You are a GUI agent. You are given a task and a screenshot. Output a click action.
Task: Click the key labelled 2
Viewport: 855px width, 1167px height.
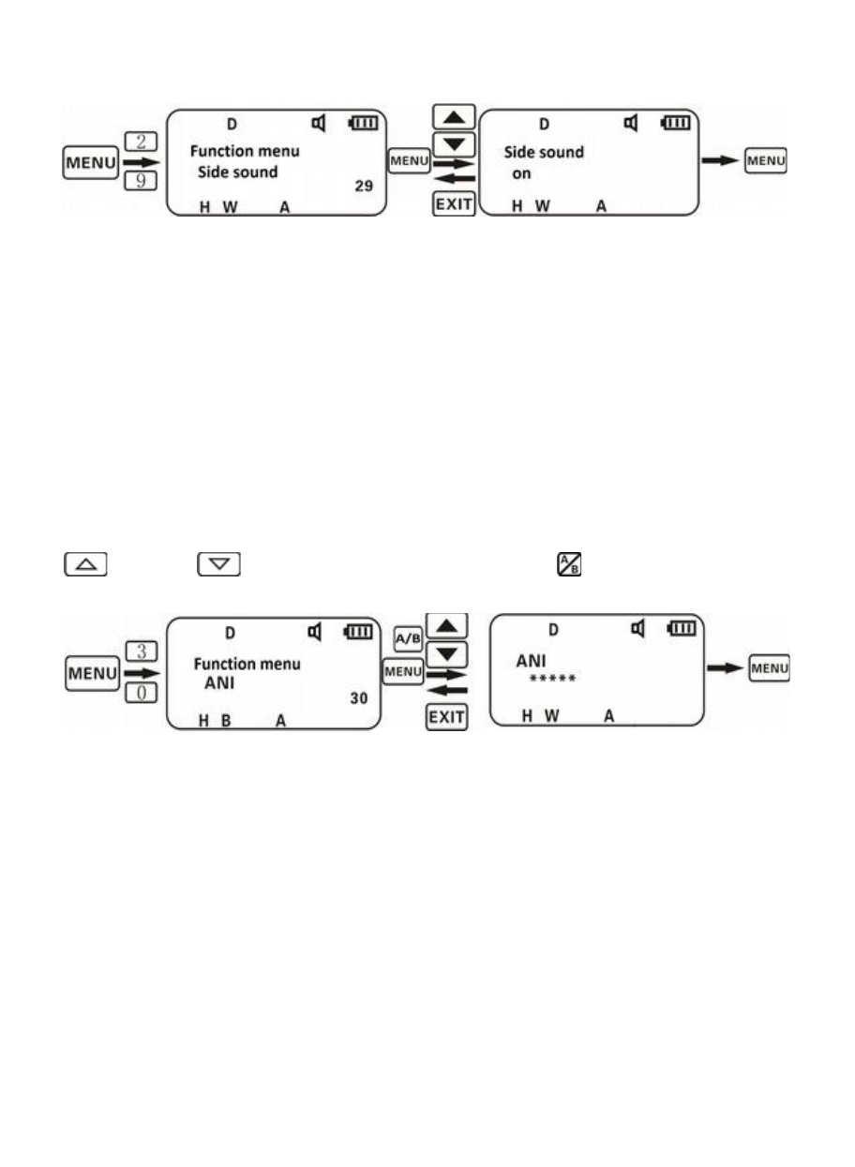[141, 142]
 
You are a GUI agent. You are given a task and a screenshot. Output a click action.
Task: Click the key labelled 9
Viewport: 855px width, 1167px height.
[141, 181]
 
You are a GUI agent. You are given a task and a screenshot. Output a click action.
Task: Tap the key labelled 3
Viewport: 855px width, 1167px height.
[142, 651]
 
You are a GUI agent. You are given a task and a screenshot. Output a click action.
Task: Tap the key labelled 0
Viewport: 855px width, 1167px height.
[142, 693]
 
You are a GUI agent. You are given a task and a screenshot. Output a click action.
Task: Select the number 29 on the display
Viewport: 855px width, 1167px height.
[364, 186]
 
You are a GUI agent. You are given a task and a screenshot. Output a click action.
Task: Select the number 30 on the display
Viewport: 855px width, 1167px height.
[359, 697]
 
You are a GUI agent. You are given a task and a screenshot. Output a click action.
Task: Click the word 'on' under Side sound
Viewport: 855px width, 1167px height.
[521, 174]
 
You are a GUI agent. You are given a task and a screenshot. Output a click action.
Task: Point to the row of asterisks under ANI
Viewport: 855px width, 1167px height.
[552, 678]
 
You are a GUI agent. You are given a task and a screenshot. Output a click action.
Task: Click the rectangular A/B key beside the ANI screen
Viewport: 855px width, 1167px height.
[408, 638]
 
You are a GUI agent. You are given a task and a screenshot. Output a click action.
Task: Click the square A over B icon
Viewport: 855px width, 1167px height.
[569, 564]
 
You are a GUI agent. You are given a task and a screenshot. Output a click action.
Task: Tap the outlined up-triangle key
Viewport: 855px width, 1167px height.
[86, 564]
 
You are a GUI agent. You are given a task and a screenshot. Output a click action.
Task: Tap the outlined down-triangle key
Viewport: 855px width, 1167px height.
[218, 564]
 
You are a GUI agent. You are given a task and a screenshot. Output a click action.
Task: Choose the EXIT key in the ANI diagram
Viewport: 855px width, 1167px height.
[446, 717]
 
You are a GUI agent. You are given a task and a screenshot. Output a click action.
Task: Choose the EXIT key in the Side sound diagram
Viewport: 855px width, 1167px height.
[454, 203]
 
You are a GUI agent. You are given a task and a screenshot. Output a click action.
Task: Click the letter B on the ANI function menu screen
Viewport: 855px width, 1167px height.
[226, 721]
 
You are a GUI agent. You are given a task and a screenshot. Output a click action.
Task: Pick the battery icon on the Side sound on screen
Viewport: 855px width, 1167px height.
[676, 123]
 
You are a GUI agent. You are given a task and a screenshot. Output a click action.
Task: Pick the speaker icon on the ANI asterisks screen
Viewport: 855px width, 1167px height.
[638, 628]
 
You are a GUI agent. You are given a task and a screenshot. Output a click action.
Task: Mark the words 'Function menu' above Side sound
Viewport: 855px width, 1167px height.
[245, 151]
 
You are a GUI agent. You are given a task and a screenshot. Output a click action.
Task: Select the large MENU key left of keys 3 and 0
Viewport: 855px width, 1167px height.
[92, 673]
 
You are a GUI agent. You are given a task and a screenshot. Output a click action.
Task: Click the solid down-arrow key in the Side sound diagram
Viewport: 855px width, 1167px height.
[454, 144]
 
